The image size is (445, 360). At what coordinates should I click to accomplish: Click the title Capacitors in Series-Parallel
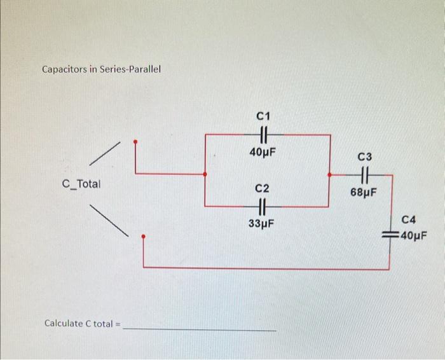(x=101, y=69)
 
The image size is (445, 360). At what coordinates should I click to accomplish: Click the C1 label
(x=263, y=116)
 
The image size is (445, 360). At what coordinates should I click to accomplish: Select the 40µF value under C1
(x=263, y=153)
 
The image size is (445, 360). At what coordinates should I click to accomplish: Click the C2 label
(x=262, y=189)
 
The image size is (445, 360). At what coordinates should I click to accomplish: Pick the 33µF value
(x=262, y=224)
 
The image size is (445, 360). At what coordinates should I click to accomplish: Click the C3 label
(x=366, y=156)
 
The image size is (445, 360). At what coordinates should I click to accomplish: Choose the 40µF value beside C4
(x=414, y=237)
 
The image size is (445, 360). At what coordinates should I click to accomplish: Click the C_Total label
(x=81, y=184)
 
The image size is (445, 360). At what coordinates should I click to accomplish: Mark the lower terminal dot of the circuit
(x=143, y=237)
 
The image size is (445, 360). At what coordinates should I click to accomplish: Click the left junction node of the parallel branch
(x=204, y=173)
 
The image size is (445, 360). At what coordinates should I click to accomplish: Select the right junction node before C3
(x=329, y=173)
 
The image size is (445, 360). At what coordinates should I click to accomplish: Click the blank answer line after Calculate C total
(x=200, y=328)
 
